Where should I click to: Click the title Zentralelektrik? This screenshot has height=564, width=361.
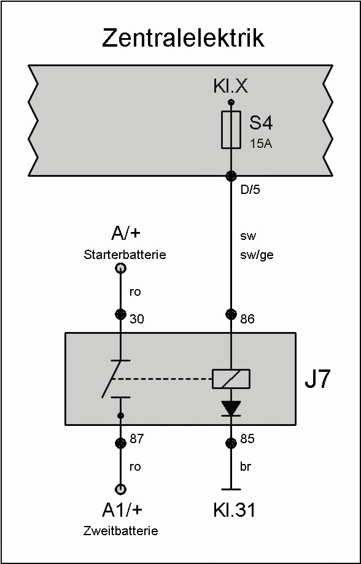click(183, 39)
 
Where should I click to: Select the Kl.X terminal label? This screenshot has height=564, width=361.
click(230, 87)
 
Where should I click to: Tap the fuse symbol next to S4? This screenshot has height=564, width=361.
click(231, 129)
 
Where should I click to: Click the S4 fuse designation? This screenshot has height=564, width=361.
click(262, 125)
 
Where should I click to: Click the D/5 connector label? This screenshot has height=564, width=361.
click(250, 190)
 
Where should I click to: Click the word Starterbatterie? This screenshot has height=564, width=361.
click(125, 255)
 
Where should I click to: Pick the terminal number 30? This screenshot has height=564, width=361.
click(137, 319)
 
